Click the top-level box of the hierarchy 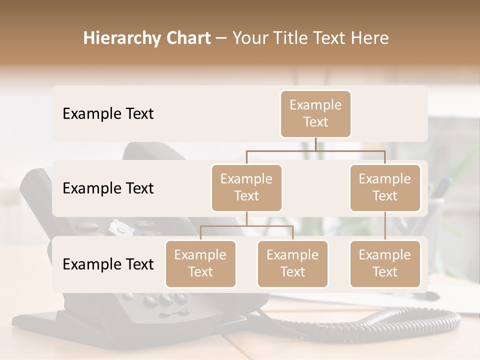pos(315,113)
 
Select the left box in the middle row pos(246,187)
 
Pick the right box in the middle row pos(385,187)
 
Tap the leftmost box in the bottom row pos(200,263)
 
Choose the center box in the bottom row pos(292,263)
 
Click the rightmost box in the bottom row pos(385,263)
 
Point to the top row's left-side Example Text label pos(108,114)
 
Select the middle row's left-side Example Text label pos(108,188)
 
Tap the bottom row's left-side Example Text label pos(108,264)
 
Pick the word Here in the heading pos(369,38)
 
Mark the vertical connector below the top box pos(315,144)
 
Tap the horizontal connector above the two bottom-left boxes pos(246,226)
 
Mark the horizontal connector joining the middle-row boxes pos(315,150)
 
